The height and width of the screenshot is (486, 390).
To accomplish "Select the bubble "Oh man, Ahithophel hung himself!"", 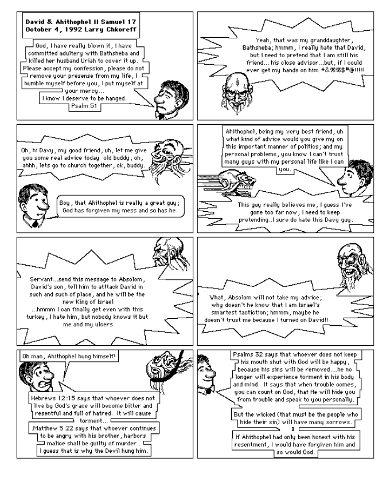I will click(69, 357).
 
